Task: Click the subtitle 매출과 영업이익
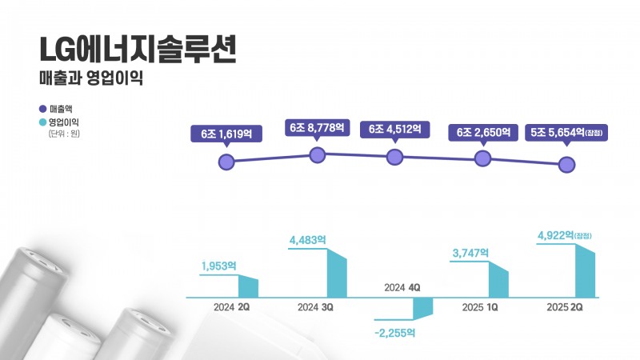(x=90, y=81)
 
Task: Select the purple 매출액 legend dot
(x=42, y=108)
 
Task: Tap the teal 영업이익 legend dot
(x=42, y=122)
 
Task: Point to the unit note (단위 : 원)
(x=65, y=134)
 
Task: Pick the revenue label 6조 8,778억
(x=318, y=126)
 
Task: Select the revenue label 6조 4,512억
(x=394, y=129)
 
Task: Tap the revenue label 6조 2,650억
(x=483, y=132)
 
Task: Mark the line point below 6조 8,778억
(x=318, y=155)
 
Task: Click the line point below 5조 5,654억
(x=566, y=165)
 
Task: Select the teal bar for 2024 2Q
(x=249, y=288)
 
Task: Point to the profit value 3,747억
(x=470, y=252)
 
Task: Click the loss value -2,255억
(x=397, y=332)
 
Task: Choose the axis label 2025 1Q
(x=480, y=307)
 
